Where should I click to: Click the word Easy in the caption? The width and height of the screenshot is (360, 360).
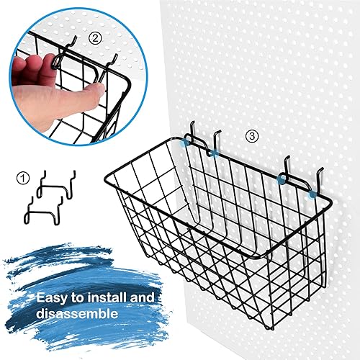[x=50, y=297]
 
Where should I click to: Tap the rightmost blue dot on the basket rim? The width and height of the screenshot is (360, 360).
[x=311, y=193]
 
